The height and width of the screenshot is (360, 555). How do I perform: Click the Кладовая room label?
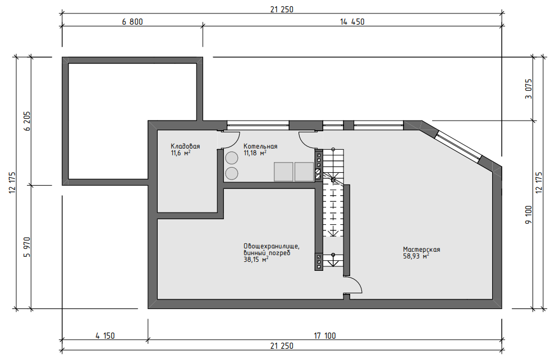click(x=185, y=146)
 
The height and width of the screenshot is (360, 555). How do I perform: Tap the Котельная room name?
click(x=260, y=146)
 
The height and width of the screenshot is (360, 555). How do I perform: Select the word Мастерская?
click(x=421, y=250)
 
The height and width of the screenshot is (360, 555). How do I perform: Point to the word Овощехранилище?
click(x=272, y=246)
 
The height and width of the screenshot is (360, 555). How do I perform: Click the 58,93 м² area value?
click(x=416, y=256)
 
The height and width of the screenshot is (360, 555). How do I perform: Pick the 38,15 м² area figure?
click(x=255, y=259)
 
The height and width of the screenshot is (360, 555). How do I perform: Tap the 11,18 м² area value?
click(x=255, y=153)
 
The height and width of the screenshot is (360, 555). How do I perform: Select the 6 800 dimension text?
click(x=132, y=22)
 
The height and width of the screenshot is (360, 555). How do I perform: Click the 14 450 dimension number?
click(x=352, y=22)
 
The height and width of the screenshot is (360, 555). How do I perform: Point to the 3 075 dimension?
click(x=529, y=89)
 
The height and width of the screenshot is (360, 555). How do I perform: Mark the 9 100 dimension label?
click(x=529, y=215)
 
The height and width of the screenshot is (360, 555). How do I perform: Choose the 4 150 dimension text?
click(x=105, y=335)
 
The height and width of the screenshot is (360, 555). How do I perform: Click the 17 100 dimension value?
click(x=325, y=335)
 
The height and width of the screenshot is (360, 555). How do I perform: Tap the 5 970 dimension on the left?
click(x=27, y=247)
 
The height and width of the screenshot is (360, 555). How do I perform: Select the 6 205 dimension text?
click(x=27, y=121)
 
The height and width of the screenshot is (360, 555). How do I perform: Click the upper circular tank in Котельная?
click(x=232, y=158)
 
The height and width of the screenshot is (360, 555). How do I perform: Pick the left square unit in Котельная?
click(x=283, y=172)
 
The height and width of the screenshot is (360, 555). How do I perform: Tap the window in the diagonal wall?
click(x=458, y=146)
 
